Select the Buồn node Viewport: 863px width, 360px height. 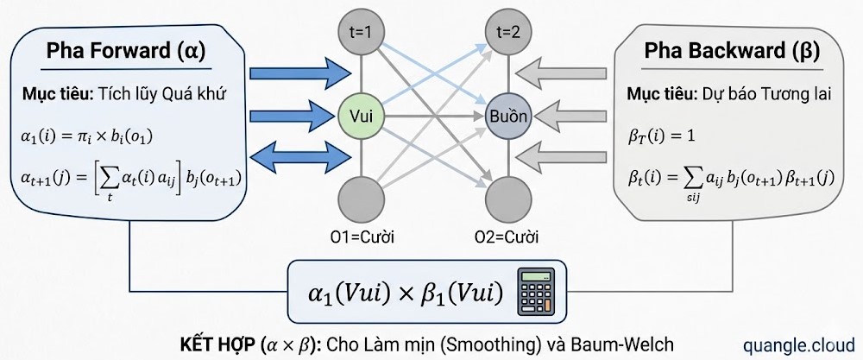pyautogui.click(x=507, y=116)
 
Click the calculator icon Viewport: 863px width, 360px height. pyautogui.click(x=535, y=292)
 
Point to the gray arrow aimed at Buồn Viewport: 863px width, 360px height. pyautogui.click(x=570, y=114)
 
